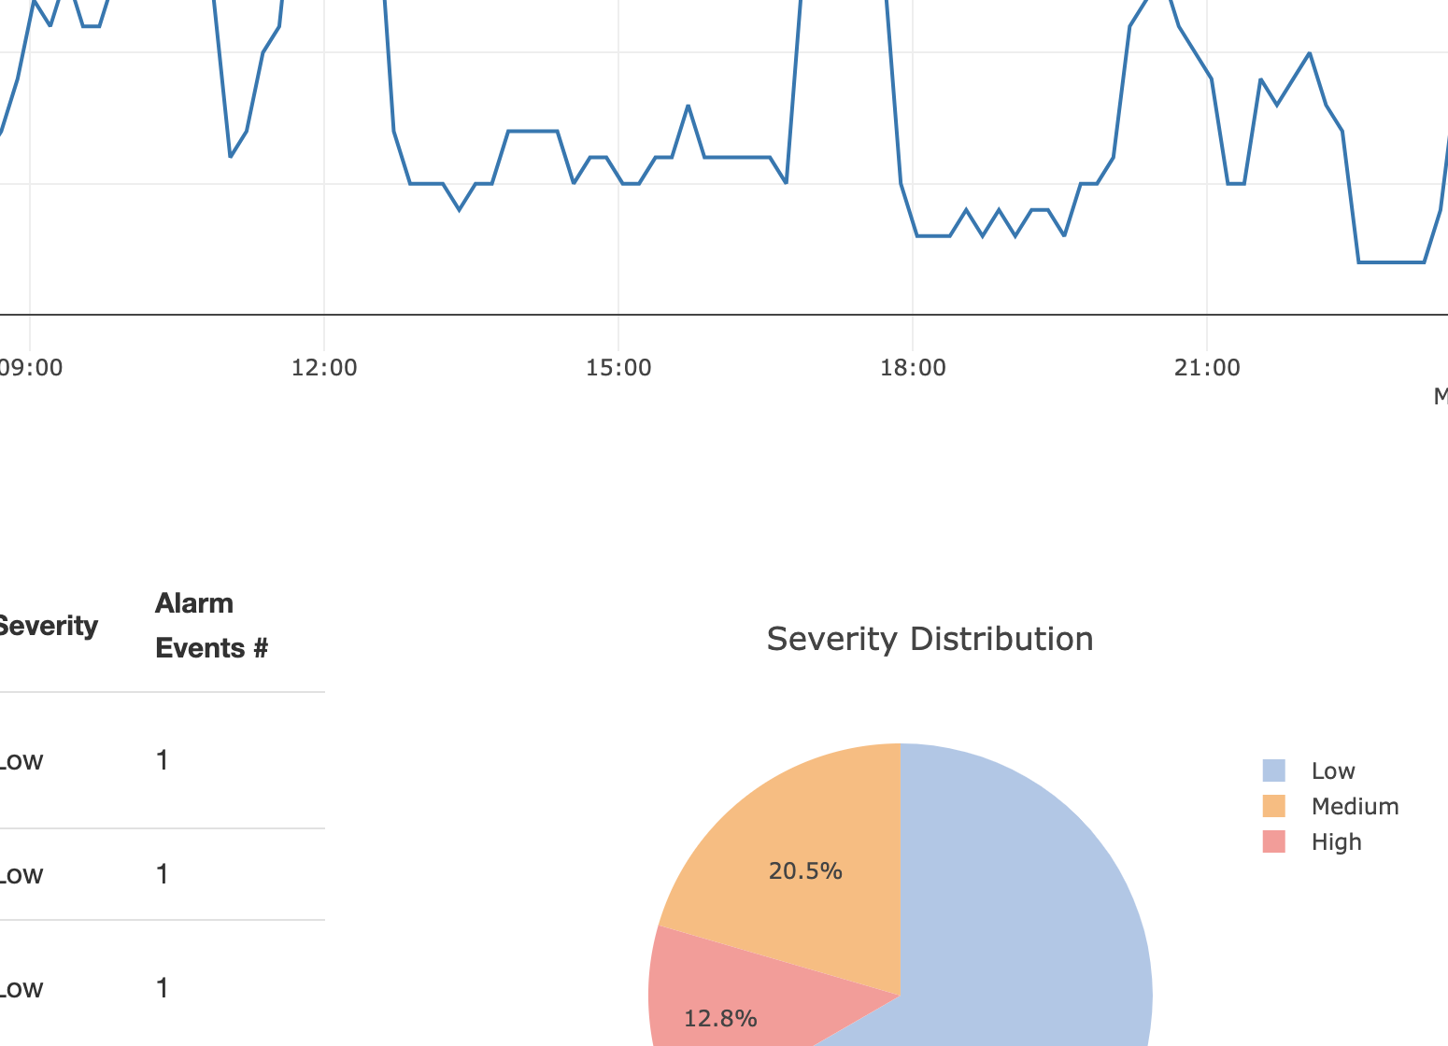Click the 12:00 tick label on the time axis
(324, 368)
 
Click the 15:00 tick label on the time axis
(618, 368)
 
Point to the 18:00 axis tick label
(913, 368)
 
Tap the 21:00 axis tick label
(1207, 368)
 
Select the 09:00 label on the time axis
(32, 368)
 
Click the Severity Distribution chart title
(930, 640)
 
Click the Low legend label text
(1332, 771)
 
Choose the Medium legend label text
(1355, 807)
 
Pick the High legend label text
(1336, 842)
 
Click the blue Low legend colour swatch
(1273, 770)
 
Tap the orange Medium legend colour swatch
(1273, 806)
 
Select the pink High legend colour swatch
(1273, 841)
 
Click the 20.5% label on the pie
(805, 871)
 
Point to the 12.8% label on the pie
(720, 1019)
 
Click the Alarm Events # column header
(211, 626)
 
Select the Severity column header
(47, 626)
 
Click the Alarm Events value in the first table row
(163, 760)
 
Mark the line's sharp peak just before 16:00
(689, 106)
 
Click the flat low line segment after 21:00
(1390, 262)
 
